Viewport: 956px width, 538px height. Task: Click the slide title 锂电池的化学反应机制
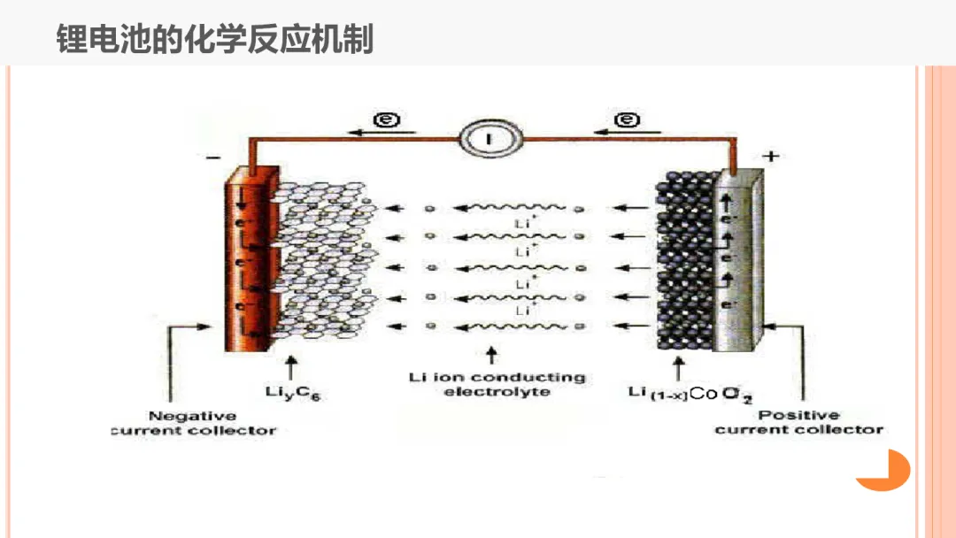coord(215,39)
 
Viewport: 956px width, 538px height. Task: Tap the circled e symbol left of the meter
coord(383,119)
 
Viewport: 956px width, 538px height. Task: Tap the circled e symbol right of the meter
coord(627,119)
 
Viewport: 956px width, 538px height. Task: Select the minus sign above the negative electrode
coord(212,159)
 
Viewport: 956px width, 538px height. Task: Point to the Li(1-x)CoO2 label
coord(690,394)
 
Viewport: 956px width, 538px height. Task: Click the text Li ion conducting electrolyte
coord(497,384)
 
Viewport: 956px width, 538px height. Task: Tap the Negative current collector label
coord(193,423)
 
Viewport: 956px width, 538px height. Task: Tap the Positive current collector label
coord(798,422)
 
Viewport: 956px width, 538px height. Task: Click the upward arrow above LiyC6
coord(293,365)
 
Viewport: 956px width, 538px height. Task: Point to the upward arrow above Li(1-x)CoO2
coord(678,365)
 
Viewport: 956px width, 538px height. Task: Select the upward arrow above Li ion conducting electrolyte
coord(492,356)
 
